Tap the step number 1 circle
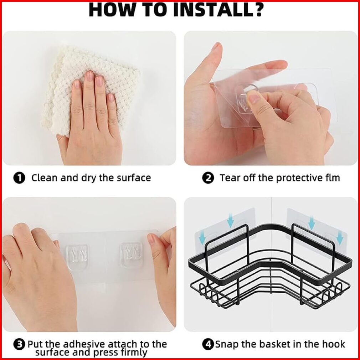(x=19, y=178)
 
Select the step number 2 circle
(x=208, y=178)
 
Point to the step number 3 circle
(x=19, y=344)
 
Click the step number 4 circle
(x=208, y=344)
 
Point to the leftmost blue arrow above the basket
(x=202, y=237)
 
